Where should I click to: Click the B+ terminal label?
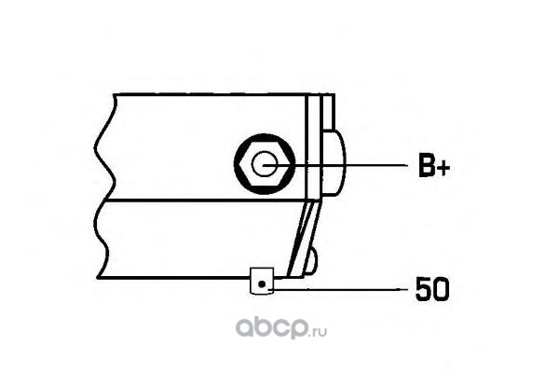pos(432,167)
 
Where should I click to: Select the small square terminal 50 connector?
pos(261,280)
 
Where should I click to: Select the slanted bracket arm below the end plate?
pos(304,241)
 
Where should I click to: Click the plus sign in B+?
pos(443,168)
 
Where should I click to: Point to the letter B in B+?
pos(425,167)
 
